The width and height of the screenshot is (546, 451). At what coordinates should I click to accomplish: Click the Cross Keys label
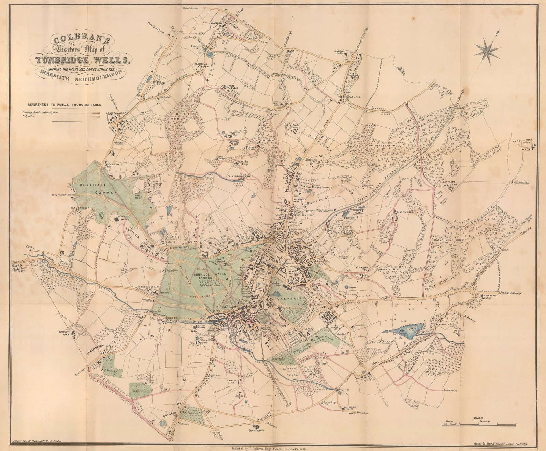pos(352,97)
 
